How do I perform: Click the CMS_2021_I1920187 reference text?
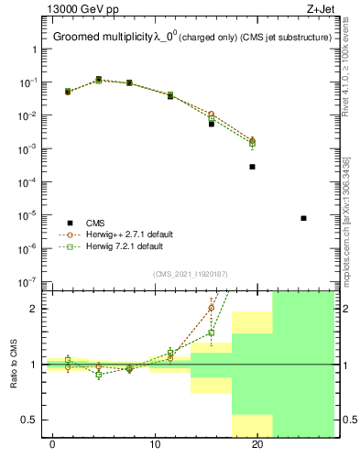[190, 273]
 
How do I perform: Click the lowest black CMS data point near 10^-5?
[303, 218]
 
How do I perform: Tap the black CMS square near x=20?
[252, 167]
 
